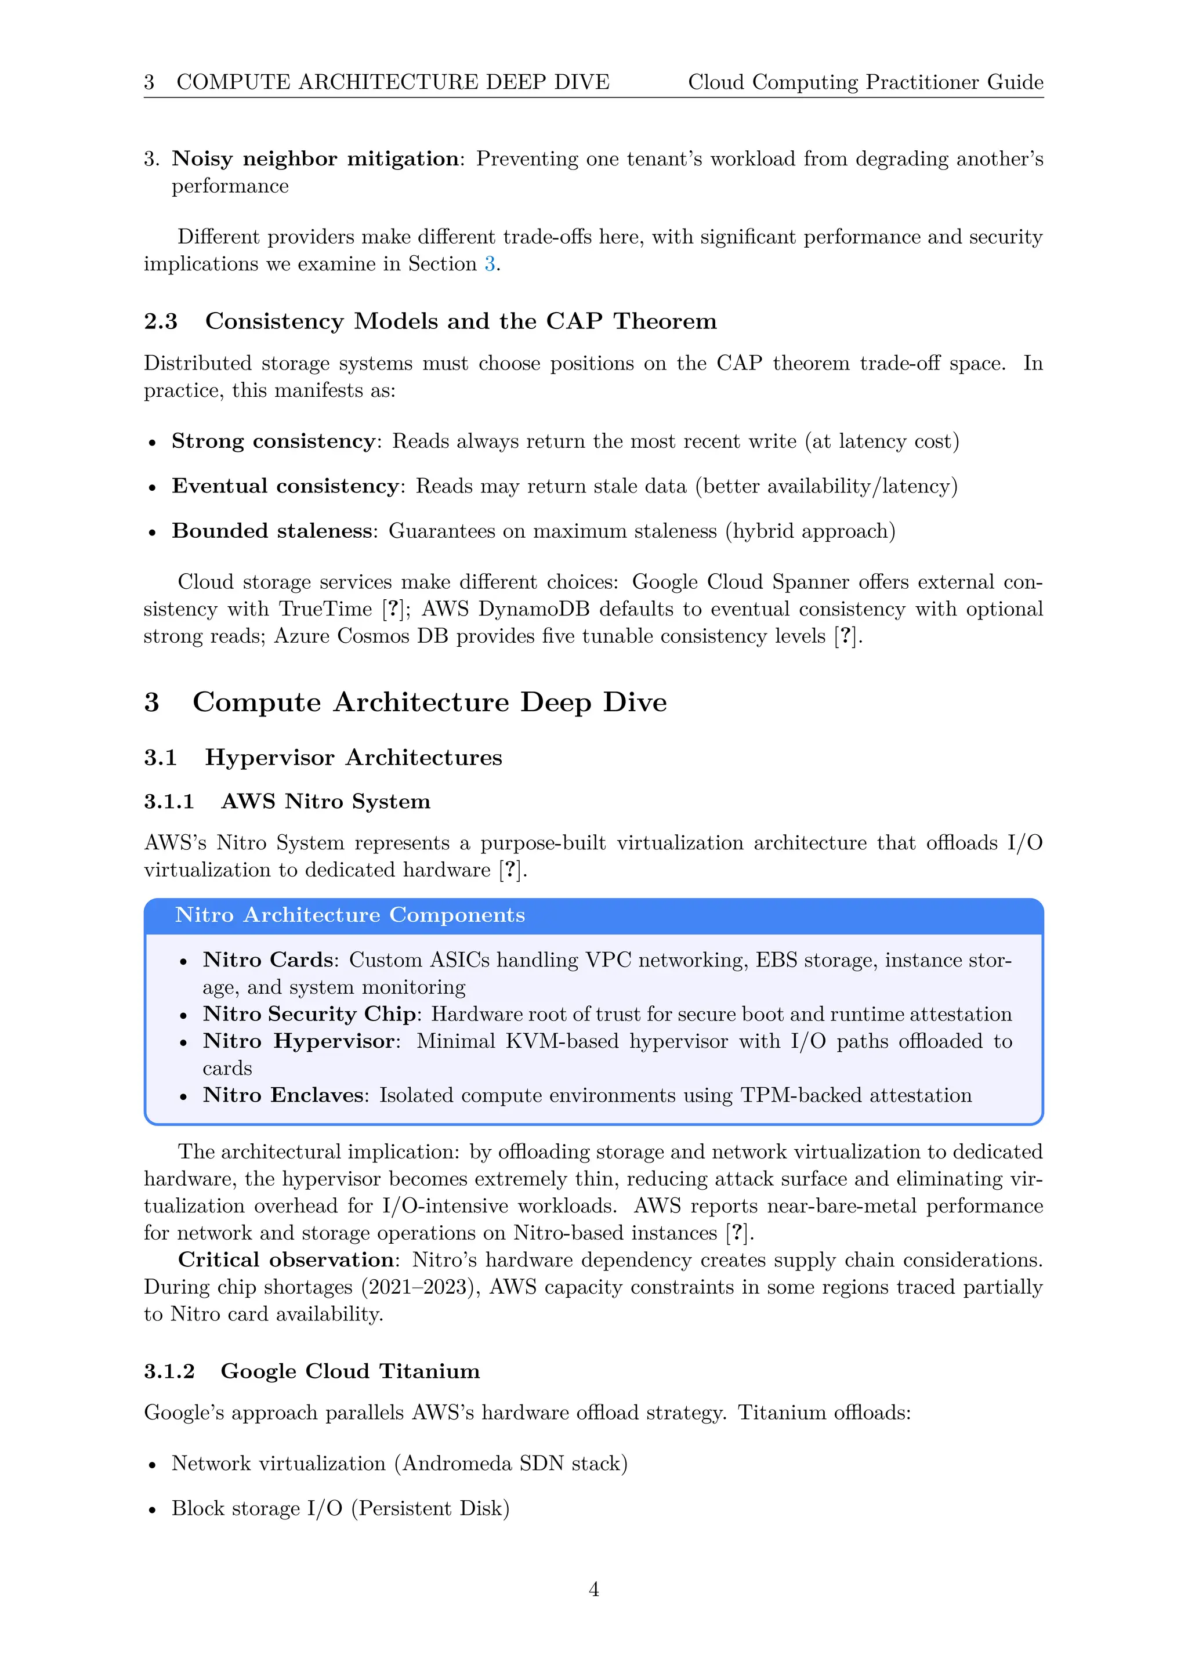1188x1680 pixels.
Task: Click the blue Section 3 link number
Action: click(x=490, y=263)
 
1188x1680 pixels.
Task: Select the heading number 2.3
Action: click(x=160, y=321)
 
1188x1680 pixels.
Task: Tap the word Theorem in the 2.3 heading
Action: click(x=664, y=321)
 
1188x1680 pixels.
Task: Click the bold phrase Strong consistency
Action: click(x=273, y=441)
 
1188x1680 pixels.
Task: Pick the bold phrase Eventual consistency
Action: click(x=285, y=486)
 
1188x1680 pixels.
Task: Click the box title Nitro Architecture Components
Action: click(x=350, y=915)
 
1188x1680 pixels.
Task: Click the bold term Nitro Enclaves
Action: click(x=283, y=1095)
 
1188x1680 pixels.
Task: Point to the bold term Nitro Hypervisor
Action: click(x=299, y=1041)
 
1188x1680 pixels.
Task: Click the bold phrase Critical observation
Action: click(x=286, y=1260)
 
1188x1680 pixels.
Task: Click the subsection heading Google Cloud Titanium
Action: click(x=350, y=1371)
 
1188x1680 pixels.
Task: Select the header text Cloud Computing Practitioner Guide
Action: click(x=865, y=82)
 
